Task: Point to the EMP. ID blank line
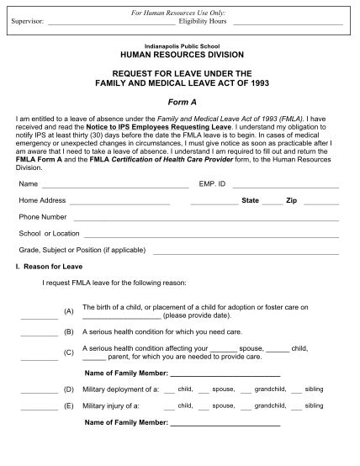coord(285,184)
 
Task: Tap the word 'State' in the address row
coord(250,201)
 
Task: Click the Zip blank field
coord(321,203)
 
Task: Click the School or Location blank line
coord(211,235)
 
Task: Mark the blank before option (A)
coord(40,317)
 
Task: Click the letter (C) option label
coord(69,352)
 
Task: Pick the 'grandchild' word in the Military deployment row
coord(270,389)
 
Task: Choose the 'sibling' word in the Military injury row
coord(314,405)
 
